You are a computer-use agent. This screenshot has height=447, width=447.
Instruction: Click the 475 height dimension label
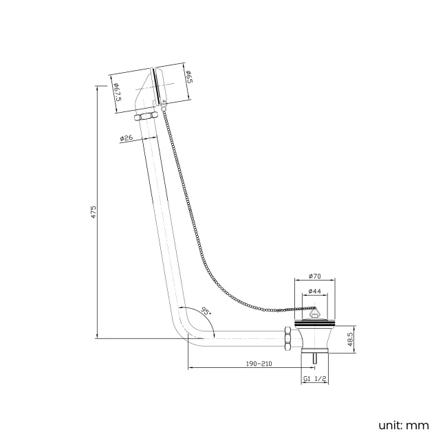(x=94, y=212)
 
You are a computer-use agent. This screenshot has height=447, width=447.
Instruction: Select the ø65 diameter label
(x=190, y=77)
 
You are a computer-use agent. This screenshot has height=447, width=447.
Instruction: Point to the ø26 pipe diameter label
(x=127, y=138)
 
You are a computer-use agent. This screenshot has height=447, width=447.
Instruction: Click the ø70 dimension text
(x=314, y=276)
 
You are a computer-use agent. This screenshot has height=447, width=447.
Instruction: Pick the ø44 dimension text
(x=314, y=291)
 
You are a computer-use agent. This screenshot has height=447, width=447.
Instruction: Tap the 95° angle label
(x=206, y=310)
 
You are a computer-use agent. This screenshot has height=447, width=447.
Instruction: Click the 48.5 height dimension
(x=351, y=339)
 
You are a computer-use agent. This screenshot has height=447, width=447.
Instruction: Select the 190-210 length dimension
(x=259, y=364)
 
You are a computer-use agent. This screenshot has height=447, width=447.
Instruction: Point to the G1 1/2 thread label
(x=314, y=379)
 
